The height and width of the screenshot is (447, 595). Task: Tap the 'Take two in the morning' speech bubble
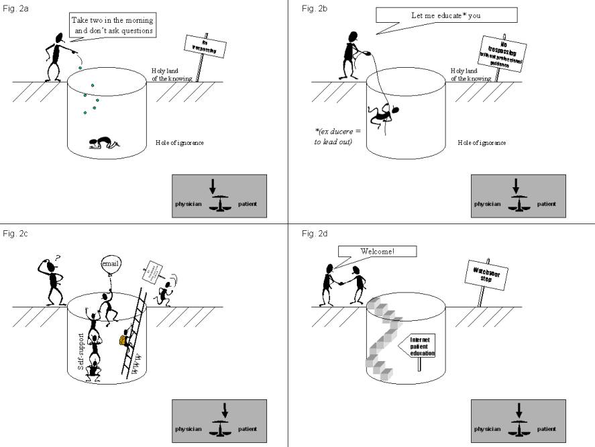pyautogui.click(x=113, y=25)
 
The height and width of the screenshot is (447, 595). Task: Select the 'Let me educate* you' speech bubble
pyautogui.click(x=445, y=15)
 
